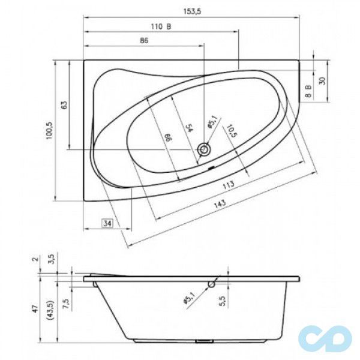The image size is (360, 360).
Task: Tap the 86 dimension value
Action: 144,41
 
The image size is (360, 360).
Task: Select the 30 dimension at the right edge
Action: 322,80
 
